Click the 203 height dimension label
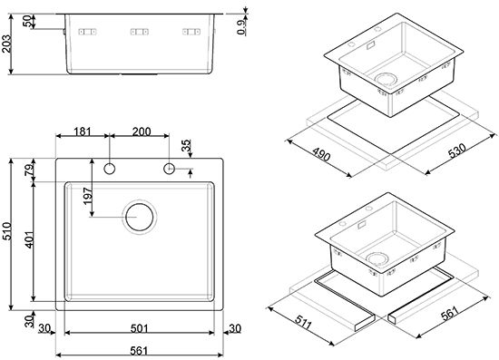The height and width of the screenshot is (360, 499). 6,44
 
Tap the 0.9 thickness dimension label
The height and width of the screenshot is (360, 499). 241,27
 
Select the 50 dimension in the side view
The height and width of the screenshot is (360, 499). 26,22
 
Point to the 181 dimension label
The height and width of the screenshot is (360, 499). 83,131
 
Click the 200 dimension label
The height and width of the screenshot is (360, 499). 142,131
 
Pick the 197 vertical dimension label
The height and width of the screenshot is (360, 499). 87,196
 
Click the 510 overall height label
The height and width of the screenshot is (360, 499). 6,231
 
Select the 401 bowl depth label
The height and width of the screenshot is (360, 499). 29,239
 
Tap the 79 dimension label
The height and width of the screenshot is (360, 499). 29,170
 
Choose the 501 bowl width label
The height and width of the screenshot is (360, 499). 140,328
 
